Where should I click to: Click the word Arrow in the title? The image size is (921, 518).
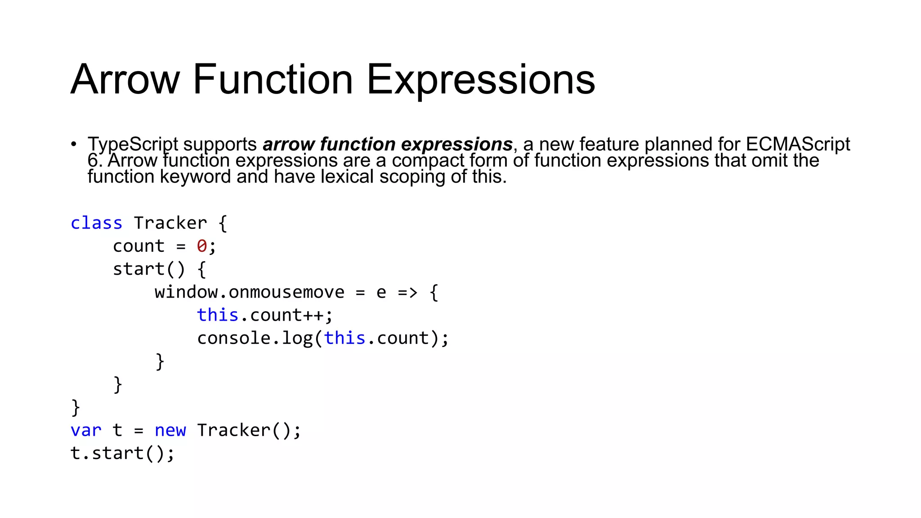[x=125, y=80]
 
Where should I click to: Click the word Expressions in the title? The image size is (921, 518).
[x=481, y=80]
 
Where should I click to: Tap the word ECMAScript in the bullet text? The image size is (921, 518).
[x=798, y=144]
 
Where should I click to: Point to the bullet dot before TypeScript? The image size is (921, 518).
[x=73, y=144]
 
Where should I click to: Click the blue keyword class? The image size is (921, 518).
[x=96, y=223]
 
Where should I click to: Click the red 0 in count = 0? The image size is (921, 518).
[x=201, y=246]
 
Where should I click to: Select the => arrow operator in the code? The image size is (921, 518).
[x=407, y=292]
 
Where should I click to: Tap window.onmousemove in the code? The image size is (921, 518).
[x=249, y=292]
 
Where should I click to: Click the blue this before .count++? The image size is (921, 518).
[x=218, y=315]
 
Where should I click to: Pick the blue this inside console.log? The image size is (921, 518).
[x=344, y=338]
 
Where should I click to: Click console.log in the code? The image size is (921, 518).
[x=255, y=338]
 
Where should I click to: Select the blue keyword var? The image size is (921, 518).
[x=86, y=430]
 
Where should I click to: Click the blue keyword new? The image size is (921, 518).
[x=170, y=430]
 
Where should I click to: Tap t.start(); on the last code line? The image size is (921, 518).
[x=122, y=453]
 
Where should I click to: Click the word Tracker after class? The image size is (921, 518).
[x=170, y=223]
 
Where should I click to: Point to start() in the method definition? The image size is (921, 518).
[x=148, y=269]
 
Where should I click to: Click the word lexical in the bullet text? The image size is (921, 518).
[x=347, y=177]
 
